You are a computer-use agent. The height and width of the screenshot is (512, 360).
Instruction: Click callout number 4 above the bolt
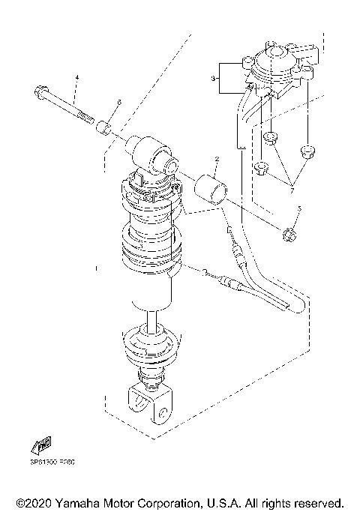click(x=76, y=78)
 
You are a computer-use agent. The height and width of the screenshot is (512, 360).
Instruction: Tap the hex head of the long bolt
click(x=38, y=94)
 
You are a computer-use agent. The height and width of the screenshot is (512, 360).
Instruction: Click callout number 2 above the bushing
click(x=217, y=159)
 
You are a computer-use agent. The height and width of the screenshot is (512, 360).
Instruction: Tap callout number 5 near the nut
click(x=298, y=208)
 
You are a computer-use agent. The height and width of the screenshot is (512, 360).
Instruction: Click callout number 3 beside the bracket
click(x=213, y=77)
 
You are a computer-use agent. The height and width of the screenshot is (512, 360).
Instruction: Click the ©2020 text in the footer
click(x=34, y=502)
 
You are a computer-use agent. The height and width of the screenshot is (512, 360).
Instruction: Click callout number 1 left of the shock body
click(x=96, y=266)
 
